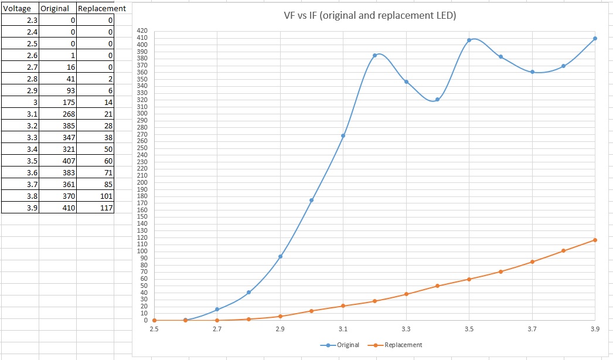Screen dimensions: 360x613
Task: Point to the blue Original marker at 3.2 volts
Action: pos(374,56)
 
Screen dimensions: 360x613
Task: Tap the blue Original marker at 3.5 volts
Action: pos(469,40)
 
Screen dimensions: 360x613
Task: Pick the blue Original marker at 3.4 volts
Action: pos(437,100)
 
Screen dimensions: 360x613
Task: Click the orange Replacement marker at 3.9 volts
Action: pos(595,240)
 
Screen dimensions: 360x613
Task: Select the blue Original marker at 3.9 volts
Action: pos(595,39)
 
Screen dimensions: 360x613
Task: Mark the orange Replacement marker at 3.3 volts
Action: pos(406,294)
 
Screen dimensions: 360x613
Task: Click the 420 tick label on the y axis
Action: pos(141,31)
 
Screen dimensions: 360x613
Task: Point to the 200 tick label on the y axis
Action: pos(141,182)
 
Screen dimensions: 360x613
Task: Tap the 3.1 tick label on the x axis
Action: pos(343,330)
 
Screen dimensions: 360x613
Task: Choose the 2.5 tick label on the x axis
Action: pos(154,330)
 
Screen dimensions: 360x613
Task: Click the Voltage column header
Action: pos(18,9)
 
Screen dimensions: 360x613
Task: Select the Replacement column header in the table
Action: pos(101,9)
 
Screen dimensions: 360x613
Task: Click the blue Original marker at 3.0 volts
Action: pos(311,201)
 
